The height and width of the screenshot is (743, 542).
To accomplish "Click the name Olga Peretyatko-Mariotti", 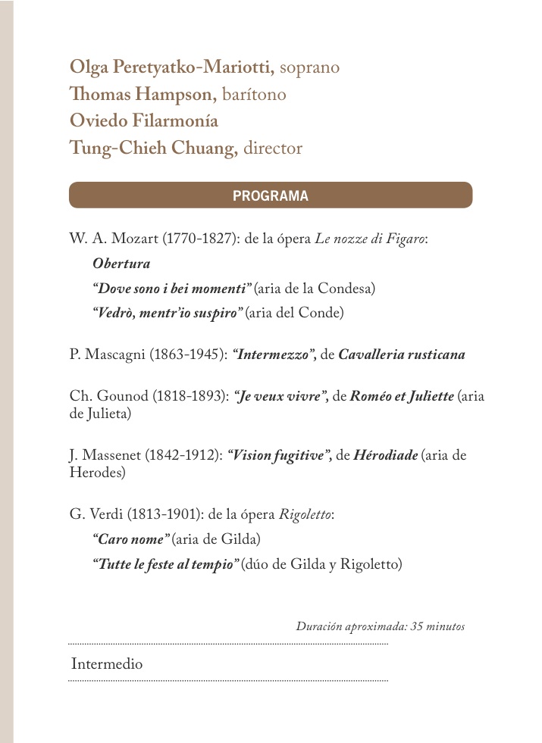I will (172, 67).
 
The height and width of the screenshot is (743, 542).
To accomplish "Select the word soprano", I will (309, 68).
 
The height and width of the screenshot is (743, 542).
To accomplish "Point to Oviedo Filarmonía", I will (144, 121).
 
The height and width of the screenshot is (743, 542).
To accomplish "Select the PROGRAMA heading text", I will (271, 195).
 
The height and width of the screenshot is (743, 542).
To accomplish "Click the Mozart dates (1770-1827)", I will (200, 239).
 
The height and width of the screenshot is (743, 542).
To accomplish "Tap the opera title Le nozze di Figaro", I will (370, 239).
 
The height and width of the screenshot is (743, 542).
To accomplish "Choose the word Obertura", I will (121, 264).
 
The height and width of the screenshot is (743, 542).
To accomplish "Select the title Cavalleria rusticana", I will (402, 354).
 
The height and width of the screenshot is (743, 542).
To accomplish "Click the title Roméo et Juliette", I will (402, 397).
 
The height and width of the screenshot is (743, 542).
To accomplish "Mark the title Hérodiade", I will (385, 456).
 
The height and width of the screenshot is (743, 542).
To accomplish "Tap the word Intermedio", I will (107, 664).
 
